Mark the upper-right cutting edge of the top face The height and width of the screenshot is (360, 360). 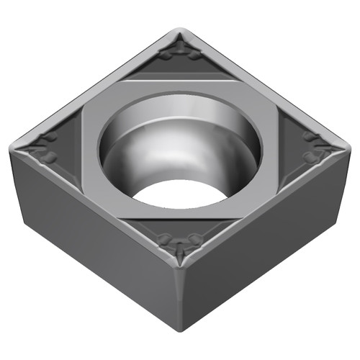pyautogui.click(x=266, y=86)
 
